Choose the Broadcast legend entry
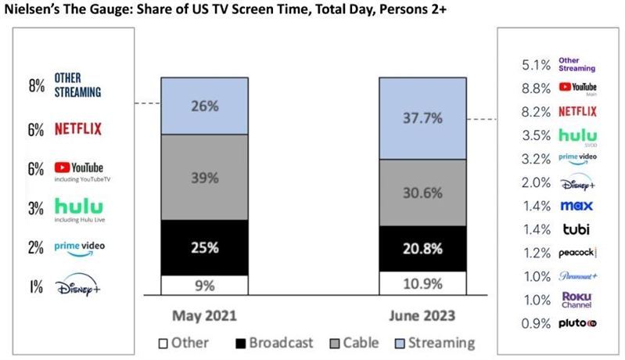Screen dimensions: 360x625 coord(269,342)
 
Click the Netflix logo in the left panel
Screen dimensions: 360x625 coord(79,128)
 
